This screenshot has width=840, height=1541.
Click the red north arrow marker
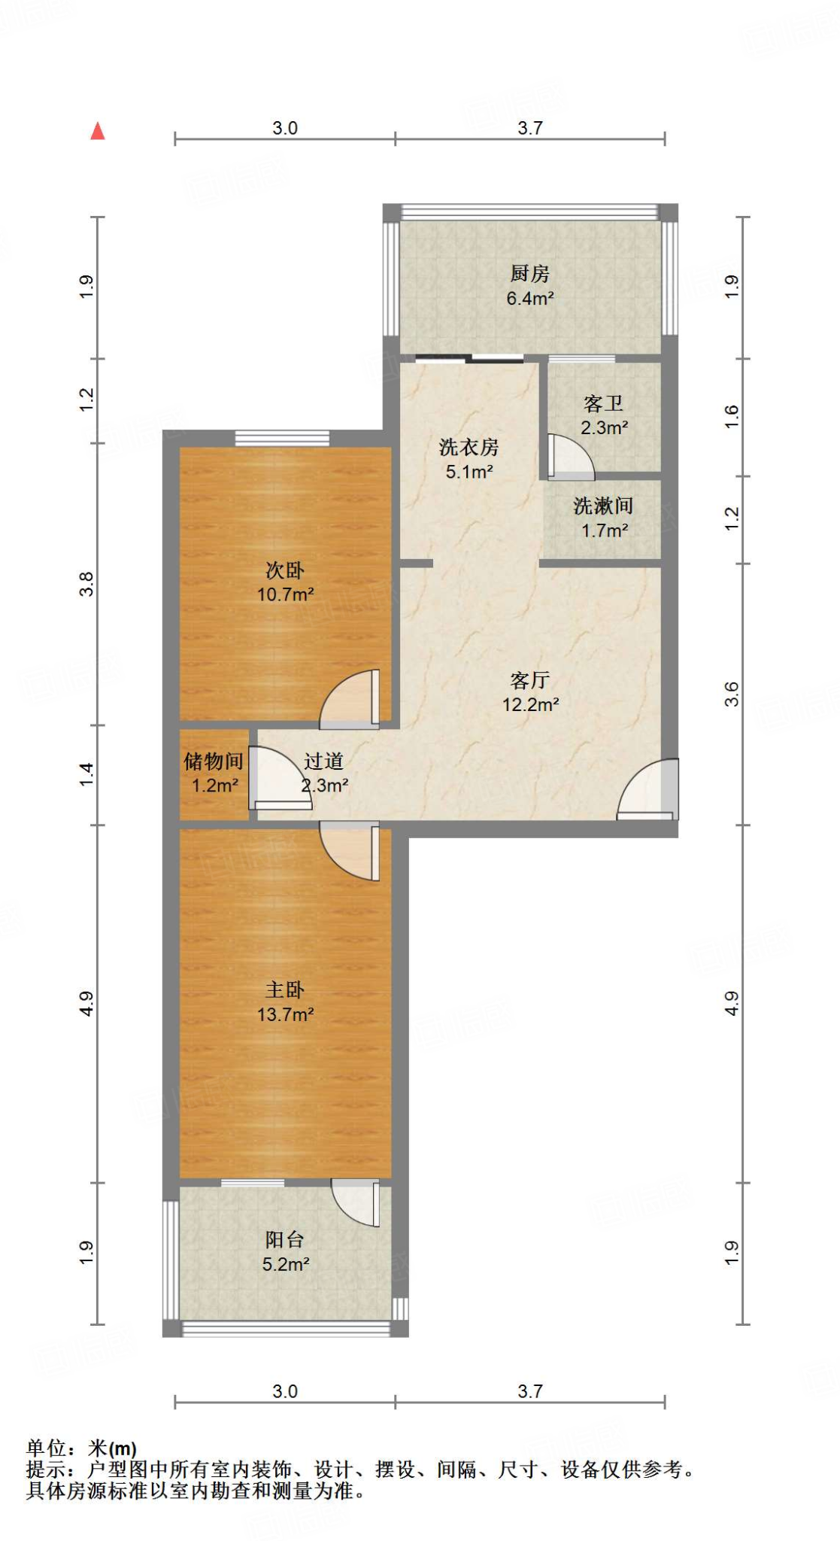[98, 132]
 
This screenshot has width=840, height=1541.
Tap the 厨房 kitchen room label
[529, 274]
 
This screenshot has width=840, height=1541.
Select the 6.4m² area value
[529, 299]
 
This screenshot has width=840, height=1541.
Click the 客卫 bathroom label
[603, 404]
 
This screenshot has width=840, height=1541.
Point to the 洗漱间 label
[603, 506]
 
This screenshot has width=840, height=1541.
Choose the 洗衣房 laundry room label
[469, 448]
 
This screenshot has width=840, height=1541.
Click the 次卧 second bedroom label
[285, 570]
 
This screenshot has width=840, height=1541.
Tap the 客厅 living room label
[529, 681]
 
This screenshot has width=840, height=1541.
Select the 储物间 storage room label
[214, 761]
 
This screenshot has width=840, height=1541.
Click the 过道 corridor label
[324, 761]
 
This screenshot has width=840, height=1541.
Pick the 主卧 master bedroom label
[285, 990]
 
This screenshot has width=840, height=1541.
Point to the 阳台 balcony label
[285, 1239]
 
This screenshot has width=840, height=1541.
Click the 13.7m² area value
[285, 1014]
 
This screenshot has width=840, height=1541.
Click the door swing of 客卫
[569, 457]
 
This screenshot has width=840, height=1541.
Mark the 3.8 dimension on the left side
[87, 584]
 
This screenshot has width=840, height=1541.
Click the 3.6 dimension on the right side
[732, 694]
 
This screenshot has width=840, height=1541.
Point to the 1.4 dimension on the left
[87, 775]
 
